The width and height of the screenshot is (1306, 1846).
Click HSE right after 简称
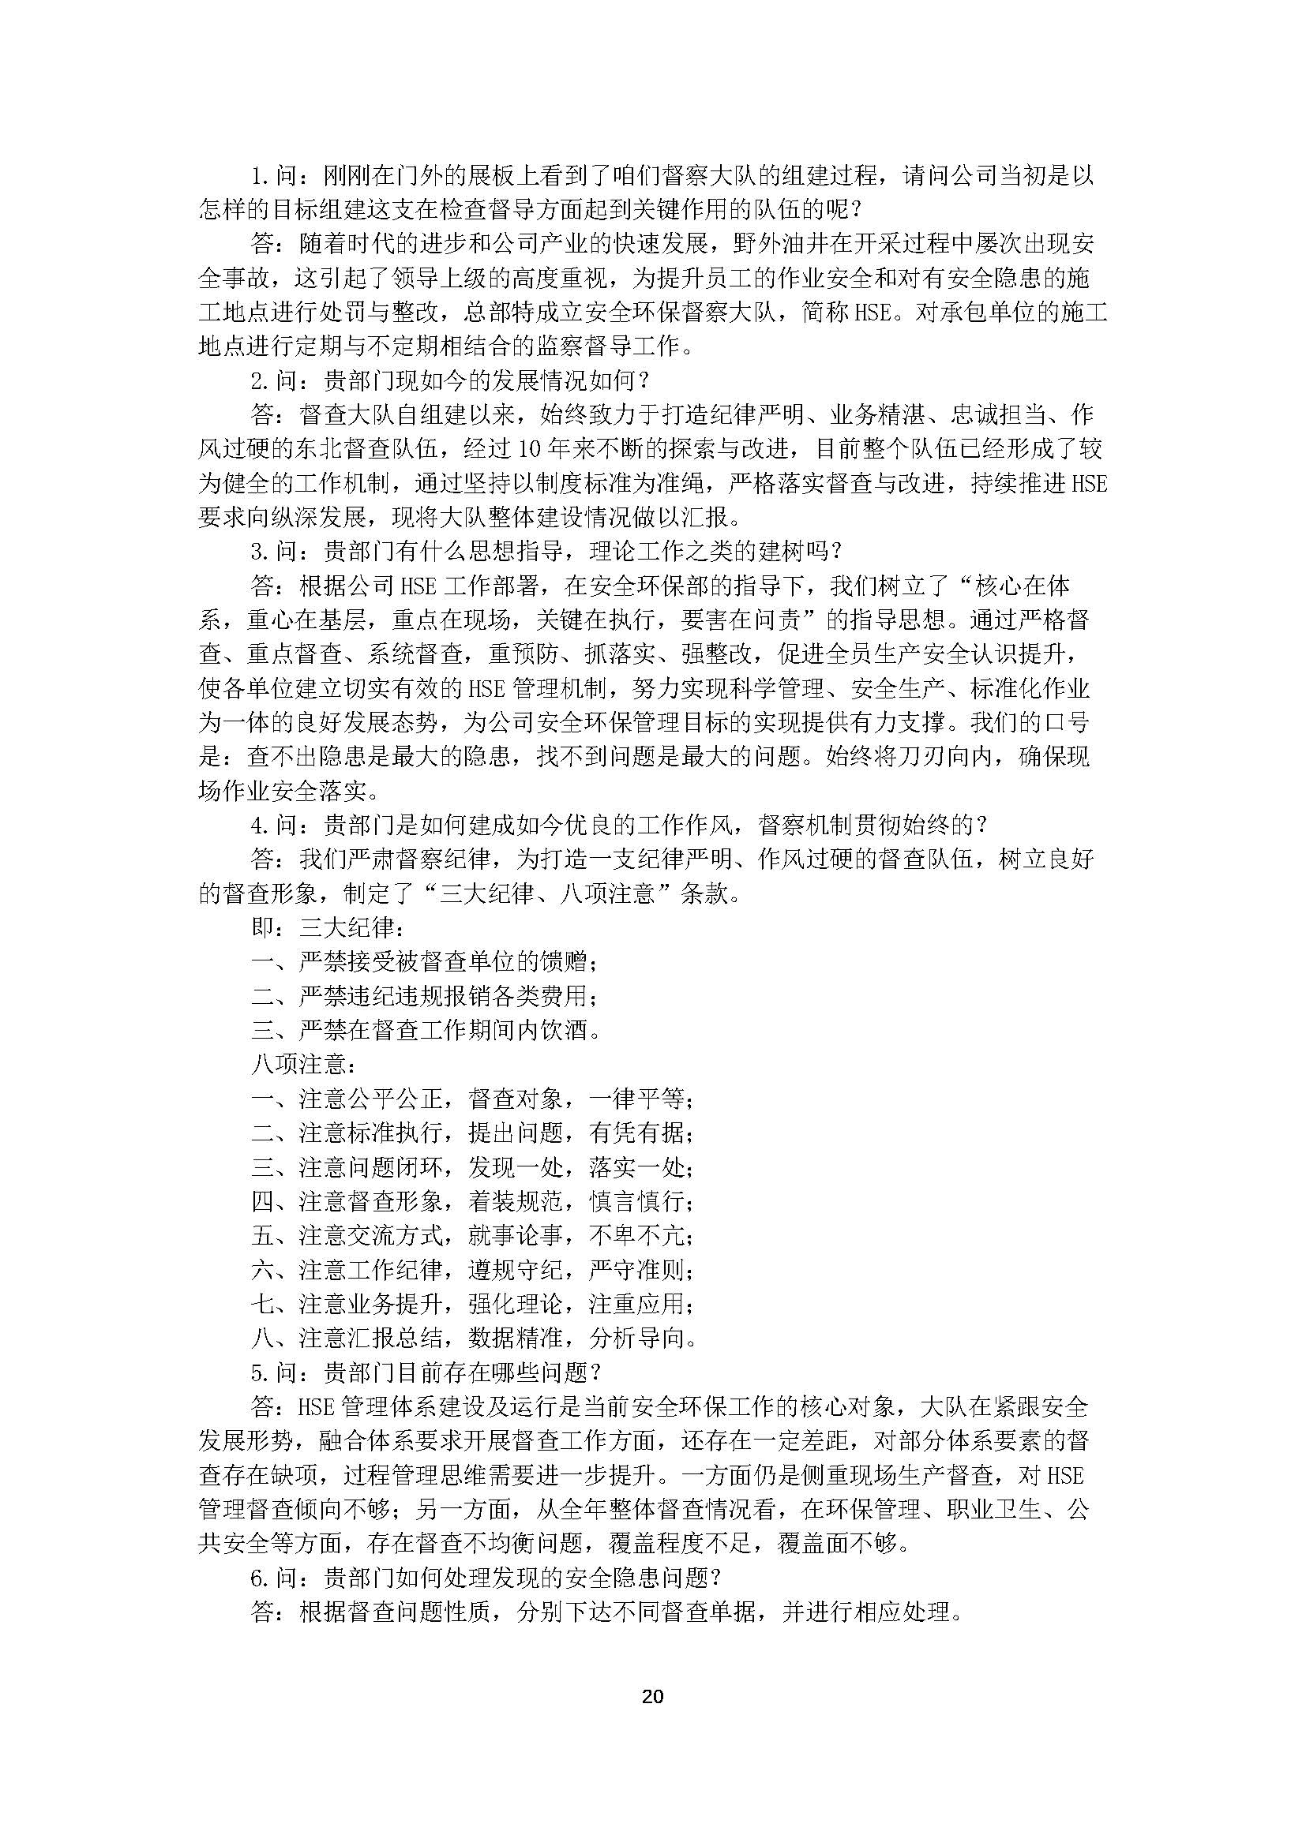click(x=873, y=312)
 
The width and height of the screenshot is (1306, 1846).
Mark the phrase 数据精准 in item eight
click(x=516, y=1339)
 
